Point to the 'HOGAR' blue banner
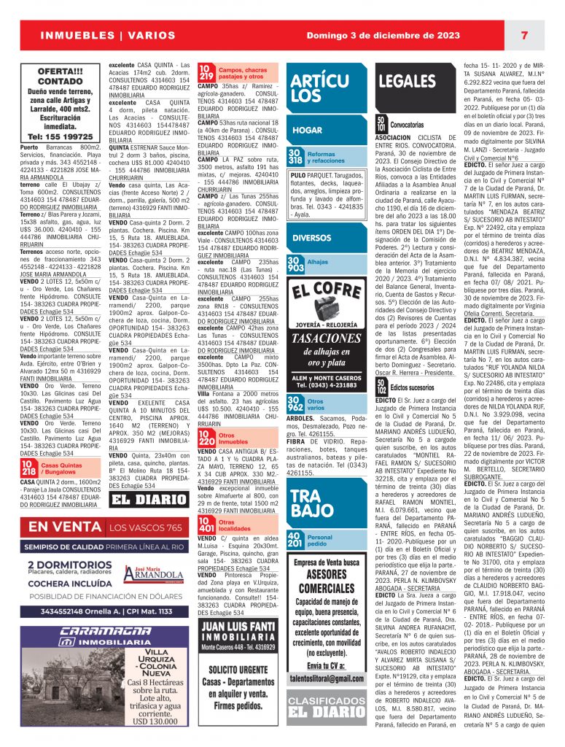point(308,131)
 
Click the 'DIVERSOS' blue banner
point(312,238)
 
